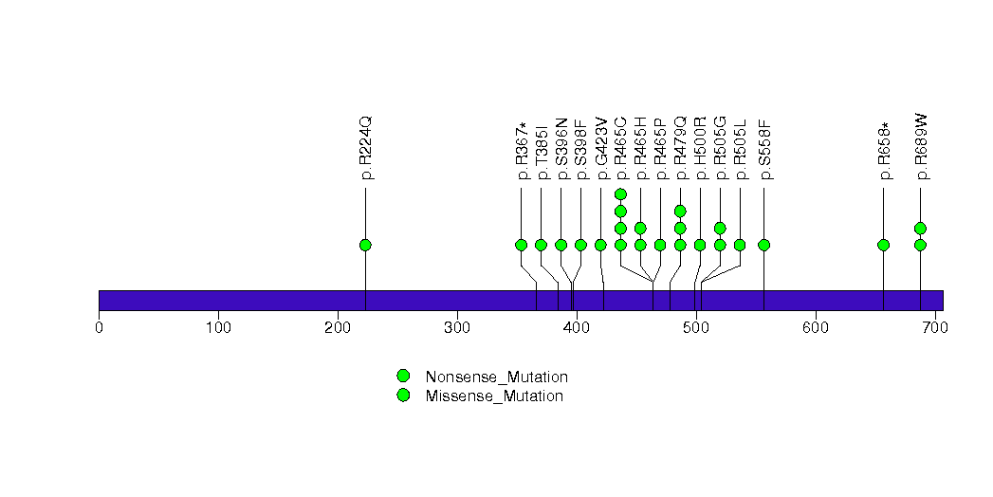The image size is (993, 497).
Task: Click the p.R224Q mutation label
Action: click(366, 148)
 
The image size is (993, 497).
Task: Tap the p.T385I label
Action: click(541, 150)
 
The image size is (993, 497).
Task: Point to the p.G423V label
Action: click(600, 148)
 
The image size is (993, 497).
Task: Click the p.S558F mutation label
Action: click(764, 148)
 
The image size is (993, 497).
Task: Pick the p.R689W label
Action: click(921, 147)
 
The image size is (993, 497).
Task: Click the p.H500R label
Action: click(700, 148)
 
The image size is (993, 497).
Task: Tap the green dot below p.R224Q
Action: click(365, 245)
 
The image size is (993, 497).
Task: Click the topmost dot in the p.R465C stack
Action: click(620, 194)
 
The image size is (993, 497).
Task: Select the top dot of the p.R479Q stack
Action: click(680, 211)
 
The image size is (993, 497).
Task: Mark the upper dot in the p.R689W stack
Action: click(920, 228)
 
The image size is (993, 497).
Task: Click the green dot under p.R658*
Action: click(884, 245)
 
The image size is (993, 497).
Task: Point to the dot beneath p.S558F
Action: click(764, 245)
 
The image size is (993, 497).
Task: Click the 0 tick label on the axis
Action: click(99, 328)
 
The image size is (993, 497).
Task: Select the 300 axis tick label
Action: click(457, 328)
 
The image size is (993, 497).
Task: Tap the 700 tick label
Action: click(934, 328)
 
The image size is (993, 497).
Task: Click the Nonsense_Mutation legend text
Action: click(496, 377)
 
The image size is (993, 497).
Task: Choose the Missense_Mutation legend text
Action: click(494, 396)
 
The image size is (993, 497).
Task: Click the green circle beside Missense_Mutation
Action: click(403, 395)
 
